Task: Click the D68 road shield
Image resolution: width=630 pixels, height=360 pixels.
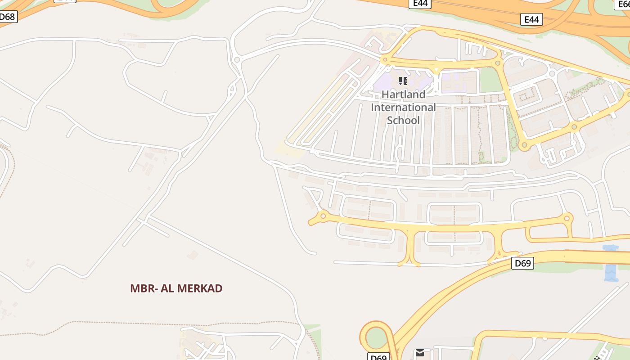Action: (8, 17)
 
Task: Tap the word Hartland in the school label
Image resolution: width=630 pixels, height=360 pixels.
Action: (403, 94)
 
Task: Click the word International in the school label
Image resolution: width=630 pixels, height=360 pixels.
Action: (403, 108)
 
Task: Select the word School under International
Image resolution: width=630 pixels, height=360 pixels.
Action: (403, 120)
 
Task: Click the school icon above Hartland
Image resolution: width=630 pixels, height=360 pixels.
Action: (403, 81)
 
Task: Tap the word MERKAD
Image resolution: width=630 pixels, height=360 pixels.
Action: (201, 288)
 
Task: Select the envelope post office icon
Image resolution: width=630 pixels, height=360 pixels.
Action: (420, 353)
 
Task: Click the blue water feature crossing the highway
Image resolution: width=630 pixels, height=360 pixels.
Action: (611, 263)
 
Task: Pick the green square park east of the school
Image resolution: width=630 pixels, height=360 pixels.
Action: (490, 80)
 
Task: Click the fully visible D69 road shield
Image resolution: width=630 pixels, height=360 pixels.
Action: (522, 263)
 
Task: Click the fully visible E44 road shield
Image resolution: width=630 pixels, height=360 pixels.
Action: (531, 19)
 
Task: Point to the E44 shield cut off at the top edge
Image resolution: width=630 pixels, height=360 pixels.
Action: (421, 4)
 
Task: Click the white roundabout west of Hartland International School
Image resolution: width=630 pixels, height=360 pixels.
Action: (237, 59)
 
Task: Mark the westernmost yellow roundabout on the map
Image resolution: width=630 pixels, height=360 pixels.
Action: (323, 216)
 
